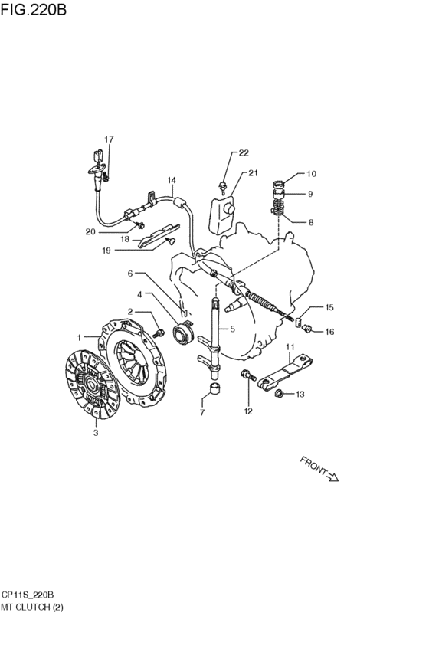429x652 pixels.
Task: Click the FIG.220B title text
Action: (x=33, y=9)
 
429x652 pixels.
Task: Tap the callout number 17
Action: (x=109, y=139)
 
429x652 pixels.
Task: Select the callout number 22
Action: (x=244, y=152)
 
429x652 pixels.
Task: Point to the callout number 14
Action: (x=172, y=180)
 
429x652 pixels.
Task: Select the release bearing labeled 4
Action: (x=183, y=334)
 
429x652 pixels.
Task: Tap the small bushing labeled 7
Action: (x=215, y=391)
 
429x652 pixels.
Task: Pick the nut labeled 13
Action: (x=280, y=393)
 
